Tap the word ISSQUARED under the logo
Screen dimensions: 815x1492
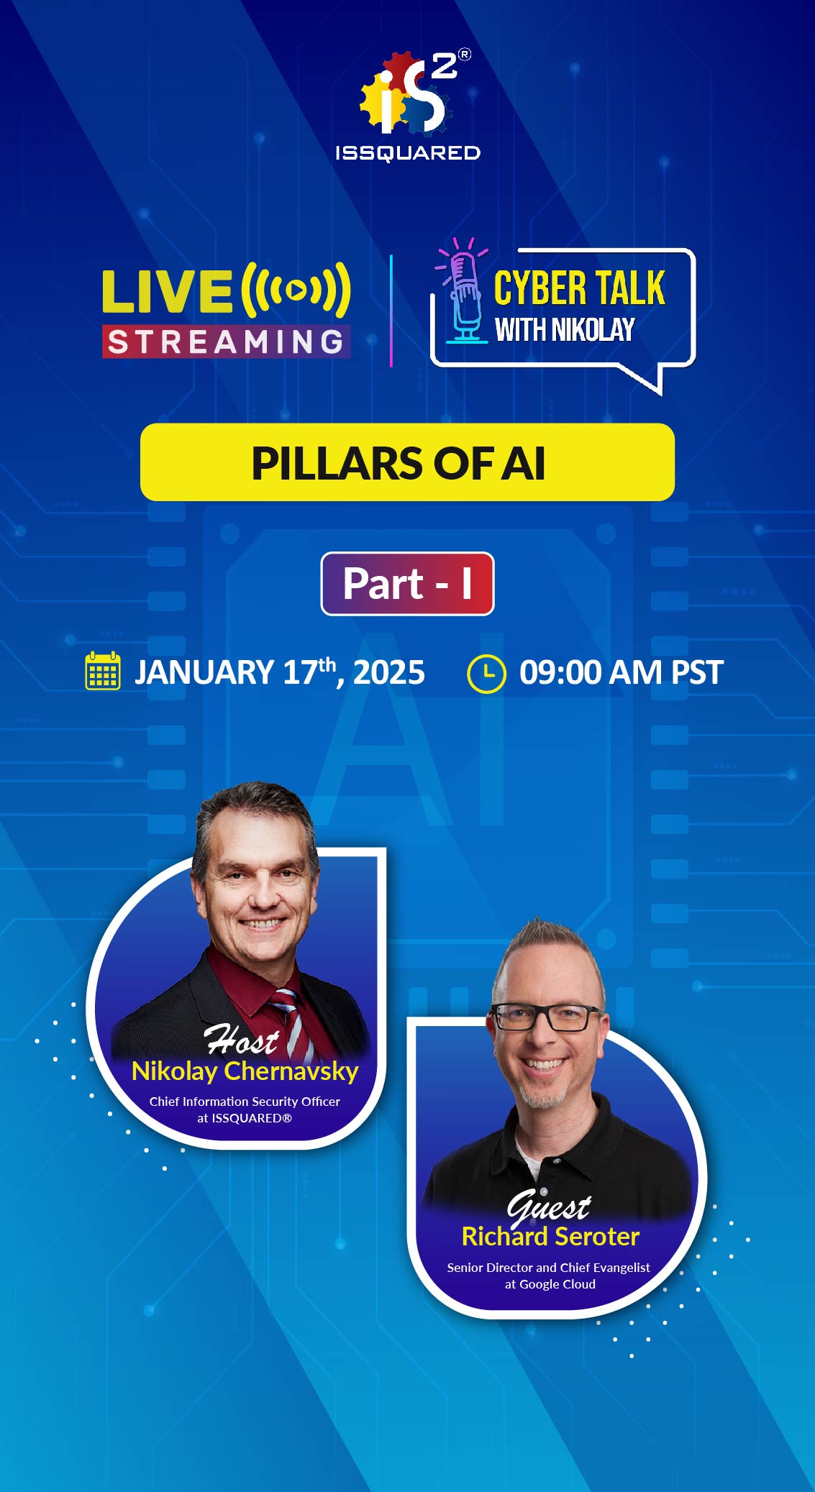408,152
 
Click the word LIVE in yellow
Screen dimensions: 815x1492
167,292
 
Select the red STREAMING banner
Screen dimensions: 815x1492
226,342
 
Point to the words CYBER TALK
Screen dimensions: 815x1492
579,288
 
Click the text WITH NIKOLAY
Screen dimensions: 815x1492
565,330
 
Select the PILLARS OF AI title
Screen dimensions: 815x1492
399,463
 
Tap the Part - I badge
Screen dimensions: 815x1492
407,583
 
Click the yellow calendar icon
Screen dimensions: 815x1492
103,671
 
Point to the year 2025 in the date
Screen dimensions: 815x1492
389,673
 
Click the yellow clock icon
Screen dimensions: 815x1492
486,673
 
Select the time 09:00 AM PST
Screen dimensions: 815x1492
622,673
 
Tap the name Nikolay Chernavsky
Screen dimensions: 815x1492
245,1071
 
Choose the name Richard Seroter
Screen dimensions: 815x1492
550,1237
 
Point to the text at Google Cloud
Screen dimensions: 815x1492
550,1284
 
